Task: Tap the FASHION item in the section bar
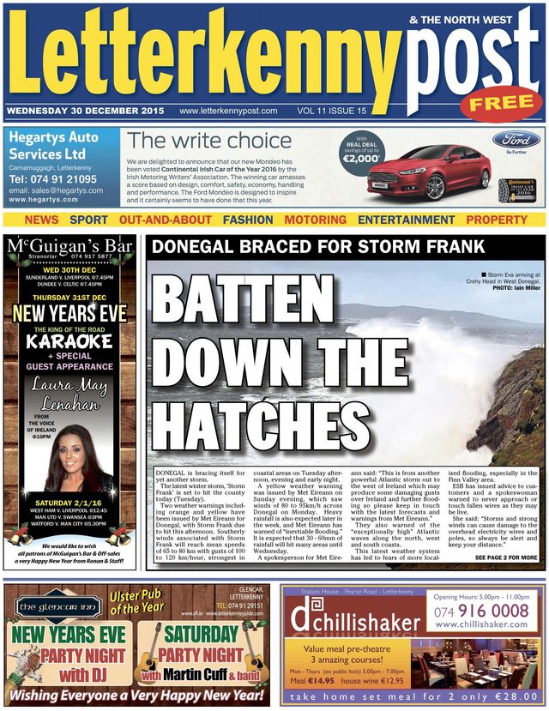(248, 220)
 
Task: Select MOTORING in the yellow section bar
(315, 220)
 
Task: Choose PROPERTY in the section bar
(497, 220)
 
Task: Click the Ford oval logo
(516, 140)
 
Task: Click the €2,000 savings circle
(361, 154)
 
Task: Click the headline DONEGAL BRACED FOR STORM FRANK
(318, 249)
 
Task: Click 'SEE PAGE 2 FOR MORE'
(506, 558)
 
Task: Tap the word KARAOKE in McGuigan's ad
(69, 341)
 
